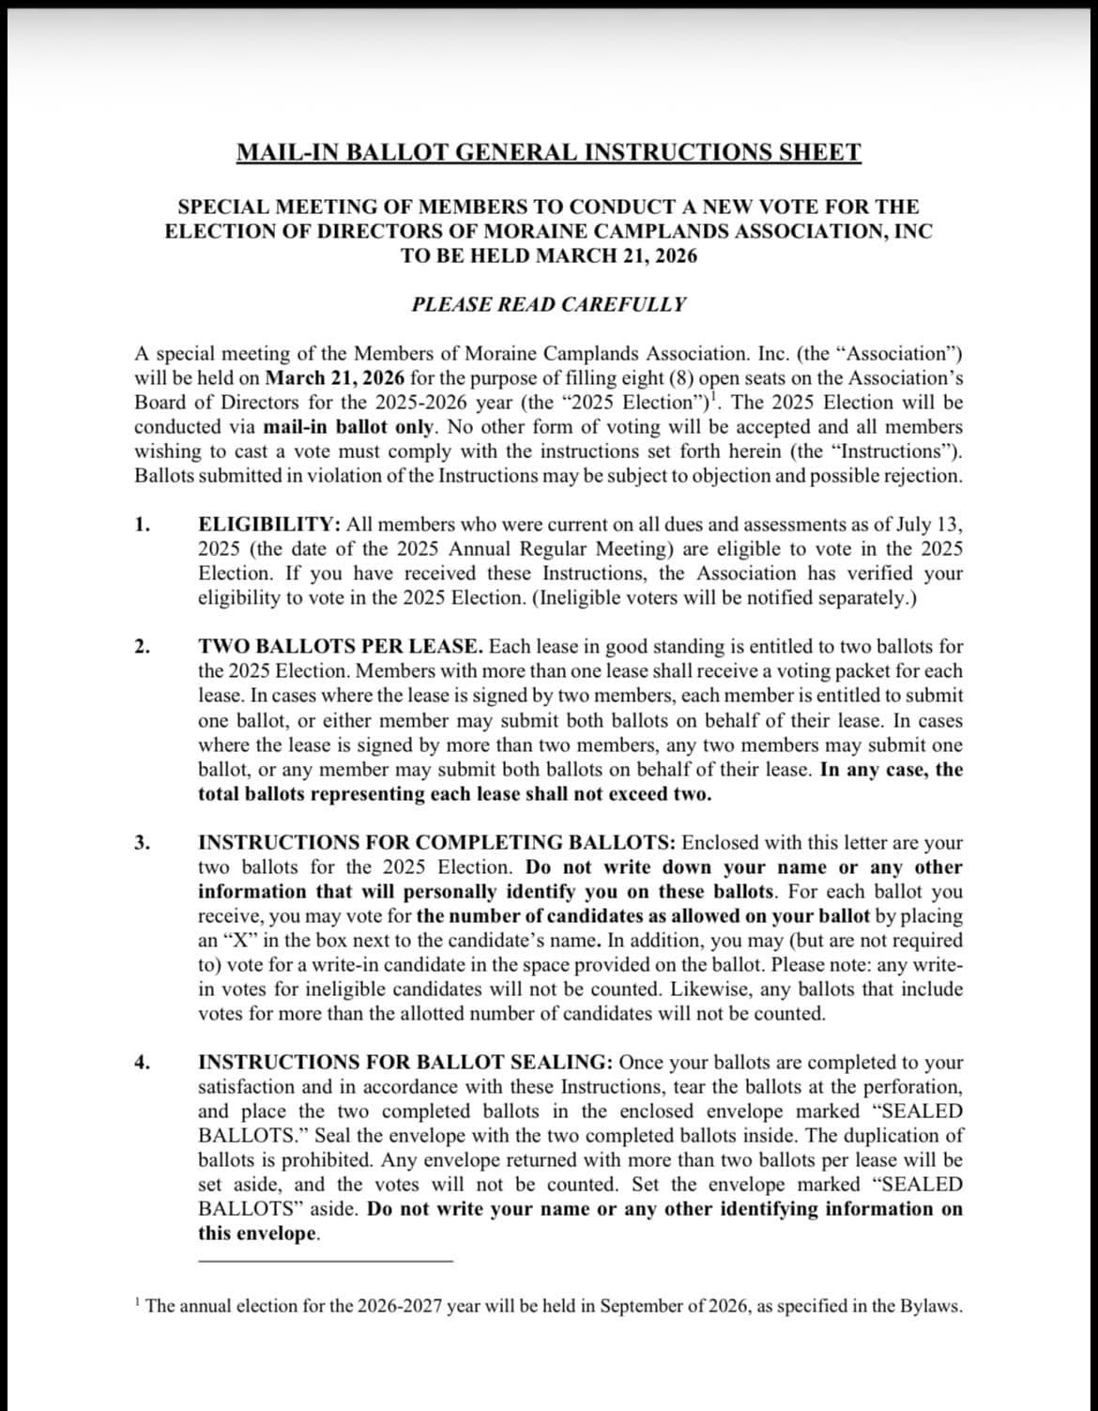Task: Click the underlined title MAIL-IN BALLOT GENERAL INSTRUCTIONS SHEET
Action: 548,152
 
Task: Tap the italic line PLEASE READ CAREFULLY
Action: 548,304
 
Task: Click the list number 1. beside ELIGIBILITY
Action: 142,525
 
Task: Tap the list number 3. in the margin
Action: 142,842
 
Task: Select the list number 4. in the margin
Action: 142,1063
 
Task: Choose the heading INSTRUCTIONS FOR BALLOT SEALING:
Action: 405,1063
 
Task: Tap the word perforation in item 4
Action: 910,1087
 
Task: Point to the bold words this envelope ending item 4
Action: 257,1234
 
